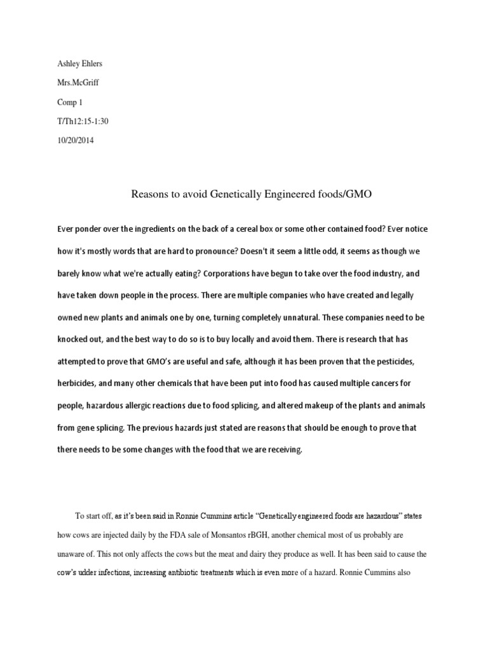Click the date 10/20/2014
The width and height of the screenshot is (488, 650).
pyautogui.click(x=75, y=140)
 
